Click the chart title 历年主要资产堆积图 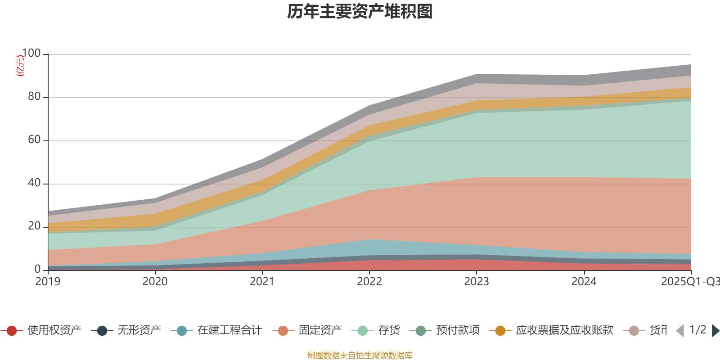tap(360, 12)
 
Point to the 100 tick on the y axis tap(31, 53)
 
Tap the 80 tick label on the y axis tap(34, 96)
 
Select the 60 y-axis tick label tap(34, 139)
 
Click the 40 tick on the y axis tap(34, 183)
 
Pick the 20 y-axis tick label tap(34, 226)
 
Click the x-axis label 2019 tap(48, 282)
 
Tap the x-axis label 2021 tap(262, 282)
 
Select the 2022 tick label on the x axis tap(369, 282)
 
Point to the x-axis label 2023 tap(476, 282)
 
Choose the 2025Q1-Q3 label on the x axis tap(689, 282)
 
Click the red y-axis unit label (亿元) tap(20, 66)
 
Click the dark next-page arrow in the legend tap(715, 331)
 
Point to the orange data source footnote tap(360, 355)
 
